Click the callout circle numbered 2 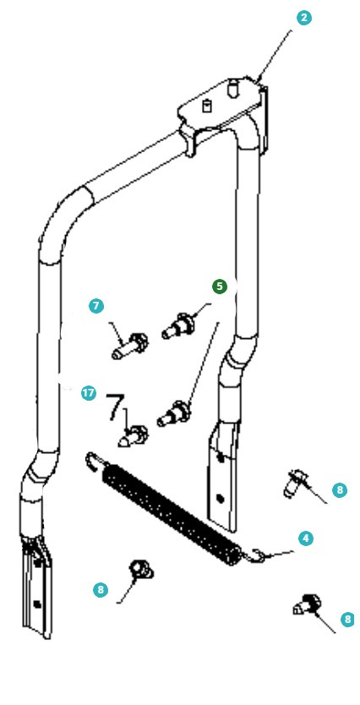(x=304, y=18)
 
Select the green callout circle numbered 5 (x=220, y=287)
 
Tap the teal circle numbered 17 (x=89, y=393)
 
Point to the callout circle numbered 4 (x=306, y=538)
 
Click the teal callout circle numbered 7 (x=96, y=306)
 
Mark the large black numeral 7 (x=115, y=407)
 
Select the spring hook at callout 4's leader (x=255, y=555)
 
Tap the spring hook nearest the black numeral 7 (x=94, y=460)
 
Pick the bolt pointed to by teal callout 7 (x=130, y=346)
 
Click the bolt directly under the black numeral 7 (x=134, y=436)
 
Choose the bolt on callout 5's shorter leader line (x=179, y=325)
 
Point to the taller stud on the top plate (x=232, y=88)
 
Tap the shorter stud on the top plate (x=207, y=106)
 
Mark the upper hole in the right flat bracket (x=221, y=457)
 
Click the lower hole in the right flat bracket (x=220, y=498)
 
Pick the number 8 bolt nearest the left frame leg (x=142, y=569)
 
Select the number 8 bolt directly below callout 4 (x=307, y=604)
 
